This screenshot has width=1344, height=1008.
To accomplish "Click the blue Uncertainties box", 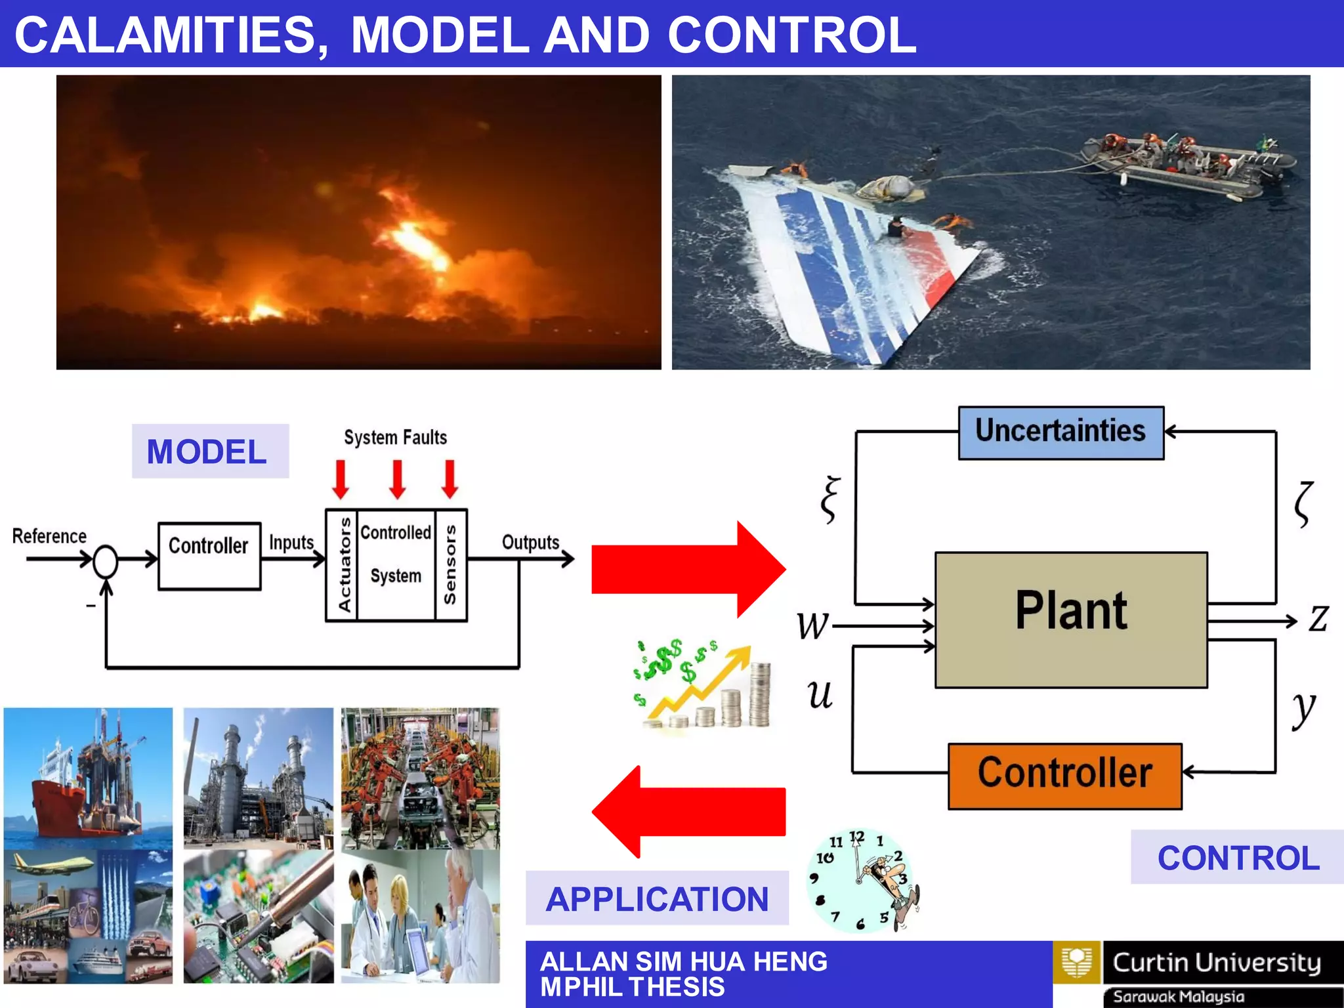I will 1060,432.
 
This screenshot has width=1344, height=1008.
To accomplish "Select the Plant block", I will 1071,619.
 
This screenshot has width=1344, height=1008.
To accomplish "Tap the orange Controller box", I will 1064,776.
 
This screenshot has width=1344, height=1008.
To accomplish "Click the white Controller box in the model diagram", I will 209,556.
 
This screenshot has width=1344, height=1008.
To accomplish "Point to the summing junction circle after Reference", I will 105,562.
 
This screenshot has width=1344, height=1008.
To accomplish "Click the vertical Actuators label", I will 343,565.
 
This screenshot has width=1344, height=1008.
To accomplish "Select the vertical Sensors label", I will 450,565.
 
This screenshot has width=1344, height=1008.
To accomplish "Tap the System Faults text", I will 395,438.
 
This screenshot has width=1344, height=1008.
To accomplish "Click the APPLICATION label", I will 657,898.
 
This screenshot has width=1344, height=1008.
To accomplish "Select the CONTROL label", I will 1238,858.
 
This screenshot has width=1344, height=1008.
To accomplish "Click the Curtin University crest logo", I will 1076,962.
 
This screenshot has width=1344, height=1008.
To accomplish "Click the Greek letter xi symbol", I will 831,500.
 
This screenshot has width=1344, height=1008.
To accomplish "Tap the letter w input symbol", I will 812,625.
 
